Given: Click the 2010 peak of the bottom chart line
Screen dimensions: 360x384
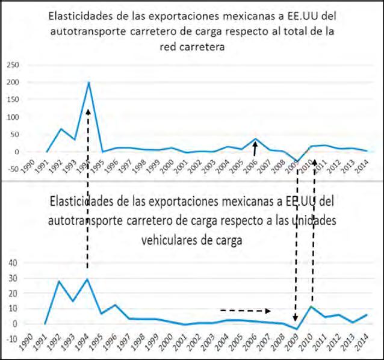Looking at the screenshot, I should coord(310,306).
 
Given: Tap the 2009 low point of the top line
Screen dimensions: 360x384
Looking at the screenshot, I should coord(297,162).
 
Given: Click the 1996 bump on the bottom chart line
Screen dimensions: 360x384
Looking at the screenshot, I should coord(116,305).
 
